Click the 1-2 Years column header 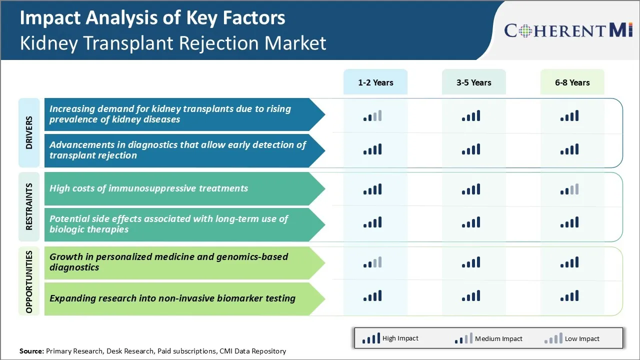click(x=375, y=82)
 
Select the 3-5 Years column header click(x=473, y=82)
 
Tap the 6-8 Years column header click(x=572, y=82)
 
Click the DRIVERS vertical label click(x=29, y=133)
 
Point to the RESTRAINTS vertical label click(x=29, y=206)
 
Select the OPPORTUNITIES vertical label click(x=29, y=281)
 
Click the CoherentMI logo click(x=568, y=30)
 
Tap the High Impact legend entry click(x=390, y=338)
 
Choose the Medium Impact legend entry click(x=488, y=338)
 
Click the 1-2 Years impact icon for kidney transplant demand click(x=372, y=116)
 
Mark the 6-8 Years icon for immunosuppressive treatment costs click(x=569, y=189)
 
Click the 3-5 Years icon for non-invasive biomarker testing click(x=471, y=296)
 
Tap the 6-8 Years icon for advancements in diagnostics click(x=569, y=149)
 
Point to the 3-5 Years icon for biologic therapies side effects click(x=471, y=222)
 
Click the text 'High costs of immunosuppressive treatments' click(x=148, y=188)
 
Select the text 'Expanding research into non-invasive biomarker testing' click(x=172, y=298)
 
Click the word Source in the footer click(x=31, y=351)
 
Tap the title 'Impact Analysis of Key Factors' click(x=152, y=18)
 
